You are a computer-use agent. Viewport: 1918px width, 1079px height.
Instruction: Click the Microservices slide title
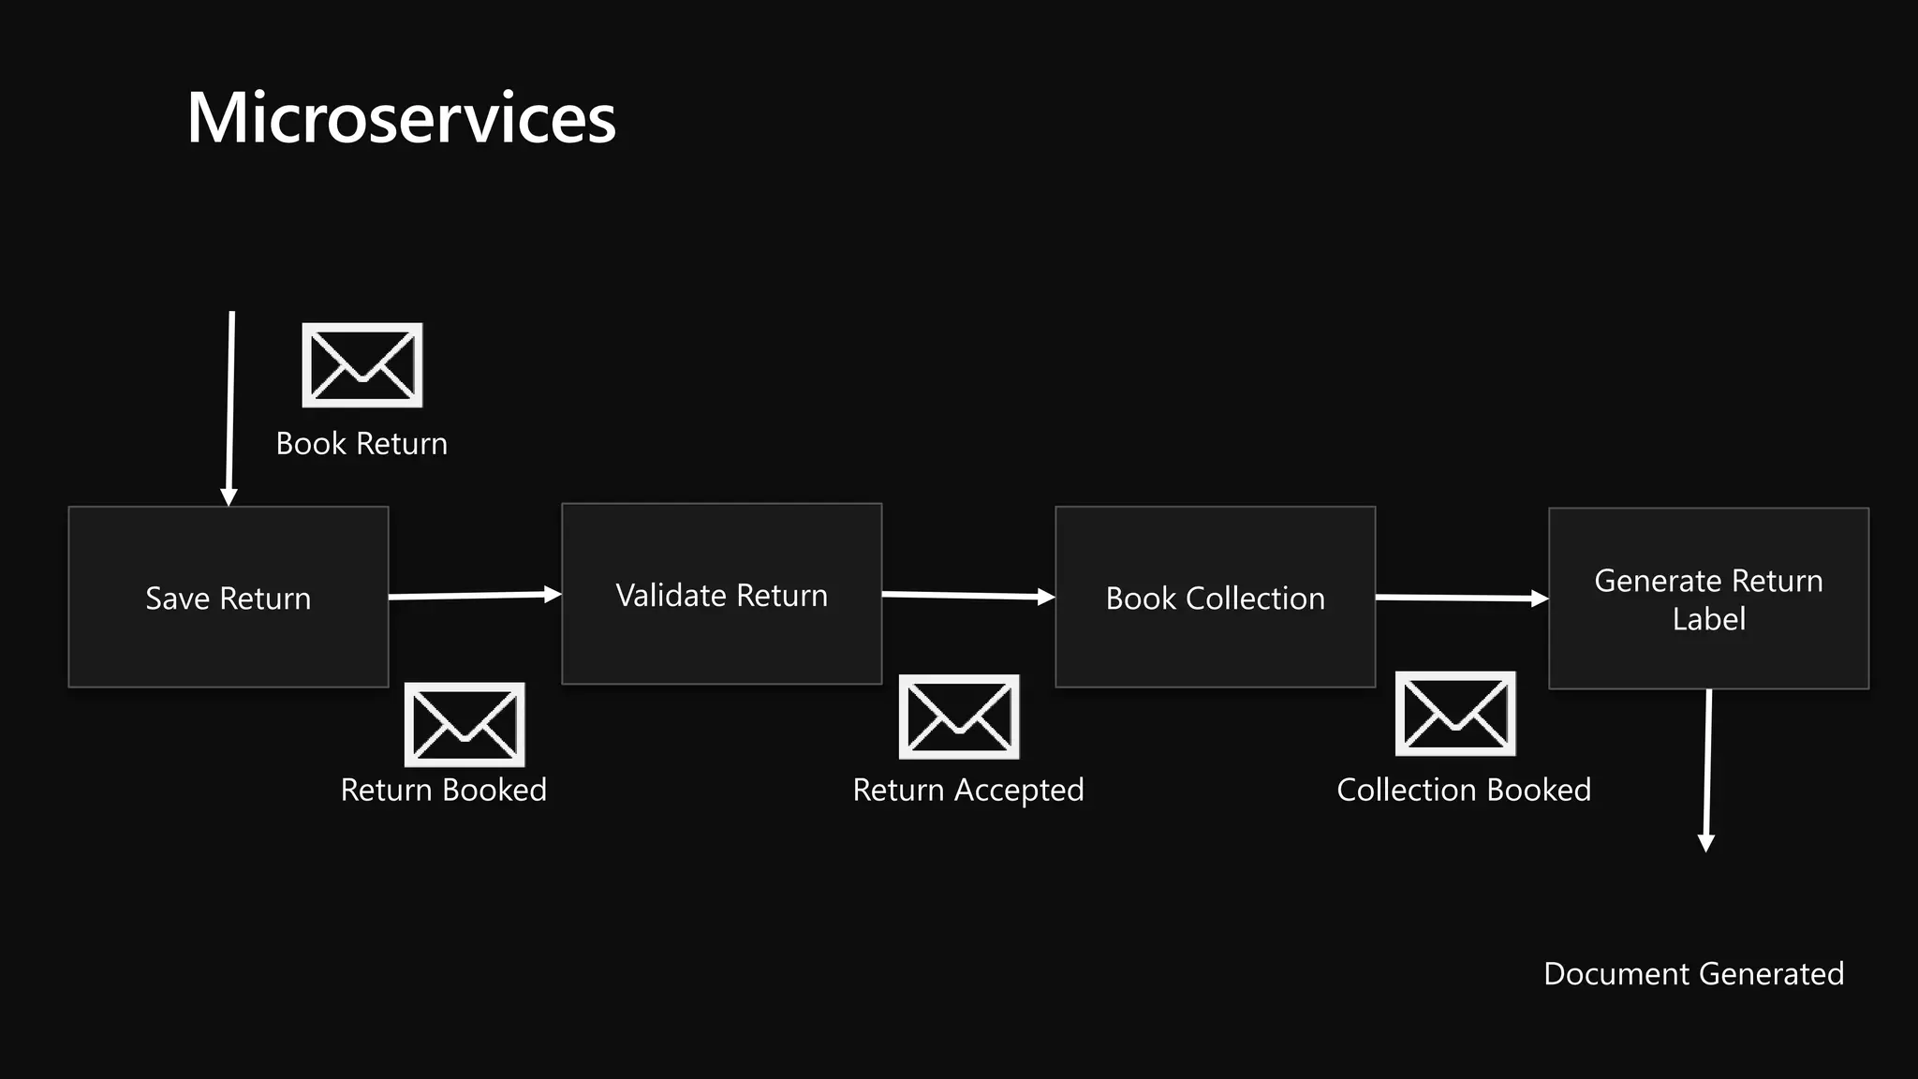(x=401, y=119)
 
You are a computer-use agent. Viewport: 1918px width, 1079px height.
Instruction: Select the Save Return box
(x=228, y=598)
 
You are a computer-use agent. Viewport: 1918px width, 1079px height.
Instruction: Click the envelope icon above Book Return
(x=362, y=365)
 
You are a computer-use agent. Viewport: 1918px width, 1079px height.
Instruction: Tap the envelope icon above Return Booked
(x=465, y=725)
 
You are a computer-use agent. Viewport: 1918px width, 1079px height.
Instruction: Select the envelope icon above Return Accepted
(x=959, y=717)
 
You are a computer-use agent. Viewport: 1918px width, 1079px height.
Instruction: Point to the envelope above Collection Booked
(x=1455, y=714)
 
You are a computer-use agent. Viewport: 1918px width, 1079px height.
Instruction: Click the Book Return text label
(x=361, y=444)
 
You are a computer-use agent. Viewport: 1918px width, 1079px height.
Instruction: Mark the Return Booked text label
(x=443, y=791)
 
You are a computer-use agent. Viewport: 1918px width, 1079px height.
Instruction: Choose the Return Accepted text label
(x=967, y=791)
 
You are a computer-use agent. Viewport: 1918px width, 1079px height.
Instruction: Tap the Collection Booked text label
(x=1463, y=791)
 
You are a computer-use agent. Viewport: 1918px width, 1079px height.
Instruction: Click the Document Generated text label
(x=1693, y=974)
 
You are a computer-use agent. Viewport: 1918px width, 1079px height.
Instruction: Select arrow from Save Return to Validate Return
(x=474, y=595)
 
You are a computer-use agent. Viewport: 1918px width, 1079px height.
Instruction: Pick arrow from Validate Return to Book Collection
(x=967, y=596)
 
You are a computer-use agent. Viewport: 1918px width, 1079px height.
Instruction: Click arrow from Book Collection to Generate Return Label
(x=1461, y=598)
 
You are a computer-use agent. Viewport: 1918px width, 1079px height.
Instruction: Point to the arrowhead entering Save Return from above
(x=229, y=496)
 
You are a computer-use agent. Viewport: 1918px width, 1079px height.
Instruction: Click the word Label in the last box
(x=1708, y=619)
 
